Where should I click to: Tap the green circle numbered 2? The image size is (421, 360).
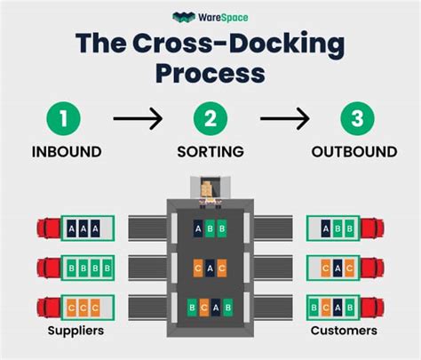[210, 117]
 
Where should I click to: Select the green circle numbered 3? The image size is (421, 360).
[354, 117]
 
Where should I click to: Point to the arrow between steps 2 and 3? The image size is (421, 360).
[283, 117]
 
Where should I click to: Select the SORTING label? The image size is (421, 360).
[210, 152]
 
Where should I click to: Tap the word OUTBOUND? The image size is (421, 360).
[354, 152]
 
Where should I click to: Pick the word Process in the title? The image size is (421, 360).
[210, 72]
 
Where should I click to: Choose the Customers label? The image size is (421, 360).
[344, 331]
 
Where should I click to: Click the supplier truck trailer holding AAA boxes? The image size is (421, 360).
[89, 228]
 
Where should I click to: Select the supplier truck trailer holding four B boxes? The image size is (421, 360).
[89, 266]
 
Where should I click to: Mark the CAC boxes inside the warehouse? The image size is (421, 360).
[210, 266]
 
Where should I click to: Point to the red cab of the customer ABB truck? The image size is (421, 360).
[376, 228]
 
